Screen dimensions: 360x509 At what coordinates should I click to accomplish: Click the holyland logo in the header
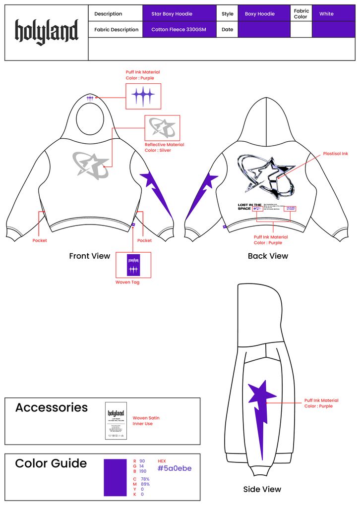tap(47, 32)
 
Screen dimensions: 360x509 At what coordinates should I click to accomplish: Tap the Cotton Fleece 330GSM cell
tap(180, 30)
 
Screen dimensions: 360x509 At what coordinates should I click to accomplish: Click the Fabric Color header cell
tap(301, 14)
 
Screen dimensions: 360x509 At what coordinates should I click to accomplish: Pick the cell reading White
tap(333, 14)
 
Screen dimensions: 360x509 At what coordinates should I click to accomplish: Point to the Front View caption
tap(89, 256)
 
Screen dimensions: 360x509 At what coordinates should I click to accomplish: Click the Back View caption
tap(268, 256)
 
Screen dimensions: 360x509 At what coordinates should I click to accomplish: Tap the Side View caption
tap(262, 489)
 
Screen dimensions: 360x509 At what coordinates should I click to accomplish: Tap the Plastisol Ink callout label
tap(335, 154)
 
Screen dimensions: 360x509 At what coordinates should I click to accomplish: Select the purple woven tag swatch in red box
tap(133, 265)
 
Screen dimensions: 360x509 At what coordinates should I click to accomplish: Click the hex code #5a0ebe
tap(174, 468)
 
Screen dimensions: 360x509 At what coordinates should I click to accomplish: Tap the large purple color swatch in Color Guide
tap(115, 477)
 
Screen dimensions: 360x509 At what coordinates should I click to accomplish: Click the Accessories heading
tap(51, 407)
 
